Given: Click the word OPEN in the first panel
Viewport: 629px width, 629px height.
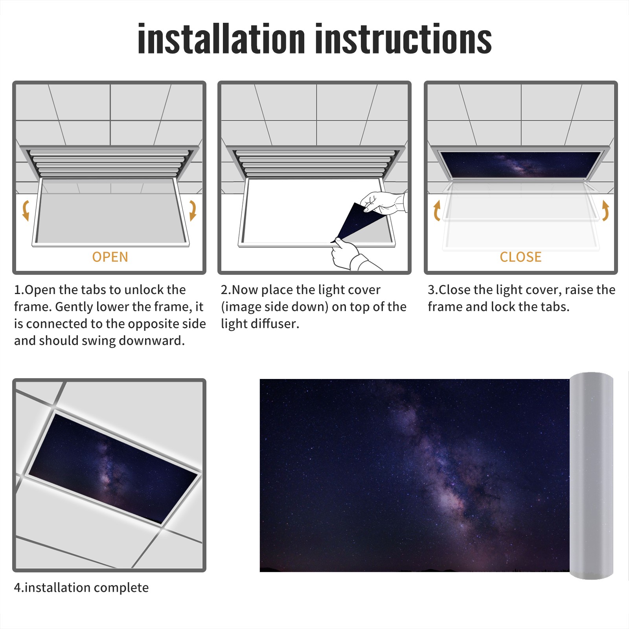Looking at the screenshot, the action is click(110, 257).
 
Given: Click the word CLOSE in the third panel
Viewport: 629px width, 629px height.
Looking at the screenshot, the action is click(520, 257).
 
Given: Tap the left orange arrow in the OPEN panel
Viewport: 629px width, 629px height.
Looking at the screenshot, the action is click(26, 210).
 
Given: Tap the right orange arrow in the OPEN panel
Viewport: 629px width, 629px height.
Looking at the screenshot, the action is click(193, 210).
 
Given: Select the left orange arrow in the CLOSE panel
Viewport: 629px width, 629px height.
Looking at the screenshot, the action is click(436, 210).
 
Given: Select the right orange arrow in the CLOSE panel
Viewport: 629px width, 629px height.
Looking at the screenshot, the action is click(605, 210).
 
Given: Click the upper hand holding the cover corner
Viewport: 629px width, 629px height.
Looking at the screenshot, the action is click(383, 203).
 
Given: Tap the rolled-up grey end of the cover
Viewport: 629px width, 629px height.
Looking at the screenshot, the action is click(592, 475).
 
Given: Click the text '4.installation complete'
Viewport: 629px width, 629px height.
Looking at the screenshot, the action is click(81, 588).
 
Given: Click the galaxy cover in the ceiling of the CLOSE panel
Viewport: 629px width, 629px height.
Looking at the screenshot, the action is click(520, 164).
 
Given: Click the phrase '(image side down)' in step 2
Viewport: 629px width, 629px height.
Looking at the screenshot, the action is click(274, 307).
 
